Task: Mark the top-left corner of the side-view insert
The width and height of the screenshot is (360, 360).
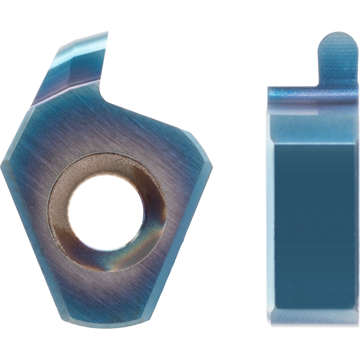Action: click(x=269, y=88)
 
